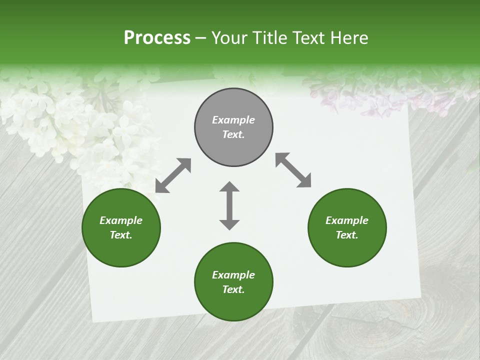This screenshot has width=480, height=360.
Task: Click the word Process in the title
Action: pos(157,38)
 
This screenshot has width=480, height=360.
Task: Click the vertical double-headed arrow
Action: pos(229,205)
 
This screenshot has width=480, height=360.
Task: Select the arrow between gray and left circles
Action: pos(173,175)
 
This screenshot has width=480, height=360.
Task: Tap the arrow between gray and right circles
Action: pos(293,170)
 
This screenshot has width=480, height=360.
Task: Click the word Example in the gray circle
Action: pos(233,120)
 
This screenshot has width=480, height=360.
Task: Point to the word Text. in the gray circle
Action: pos(233,134)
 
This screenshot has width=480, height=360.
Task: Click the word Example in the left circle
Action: pos(121,220)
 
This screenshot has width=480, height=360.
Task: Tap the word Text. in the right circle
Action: pos(347,235)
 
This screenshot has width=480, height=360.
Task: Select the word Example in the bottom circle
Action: pos(233,275)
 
